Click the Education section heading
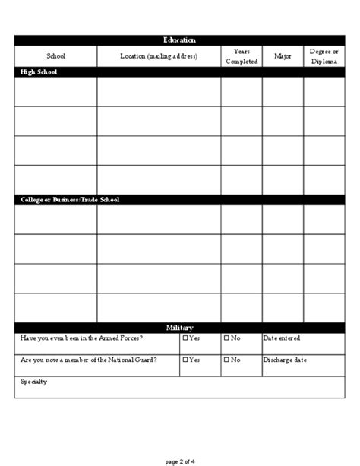pos(179,40)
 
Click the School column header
pos(55,56)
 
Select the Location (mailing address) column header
pos(159,56)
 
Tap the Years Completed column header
pos(242,56)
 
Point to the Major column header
pos(283,56)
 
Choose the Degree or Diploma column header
pos(324,56)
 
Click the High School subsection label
pos(38,72)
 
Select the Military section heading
pos(179,327)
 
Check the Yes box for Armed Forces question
pos(185,338)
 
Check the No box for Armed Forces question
pos(226,338)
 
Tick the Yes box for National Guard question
pos(185,360)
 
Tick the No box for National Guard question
pos(226,360)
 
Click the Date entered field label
pos(282,338)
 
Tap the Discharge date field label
pos(286,360)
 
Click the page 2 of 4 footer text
pos(179,460)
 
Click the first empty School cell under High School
pos(55,92)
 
